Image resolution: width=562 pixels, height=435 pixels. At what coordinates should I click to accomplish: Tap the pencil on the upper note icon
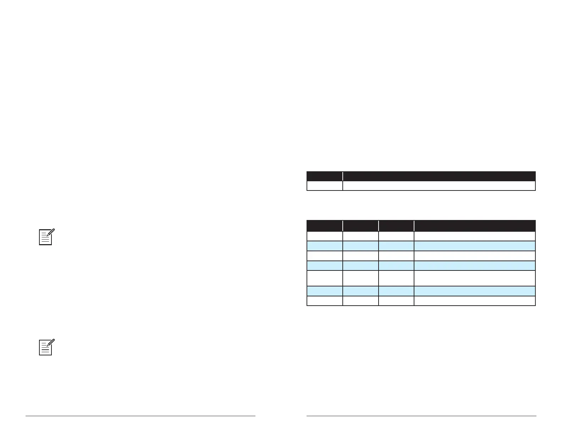[51, 233]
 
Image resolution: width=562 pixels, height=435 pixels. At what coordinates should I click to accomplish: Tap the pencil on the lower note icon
[51, 343]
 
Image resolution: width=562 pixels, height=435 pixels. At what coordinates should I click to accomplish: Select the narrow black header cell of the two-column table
[324, 176]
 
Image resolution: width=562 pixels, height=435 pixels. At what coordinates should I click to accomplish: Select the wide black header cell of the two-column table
[439, 176]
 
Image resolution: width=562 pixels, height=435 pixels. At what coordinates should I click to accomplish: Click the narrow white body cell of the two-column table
[324, 186]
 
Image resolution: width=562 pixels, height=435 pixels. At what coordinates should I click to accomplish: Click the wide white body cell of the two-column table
[439, 186]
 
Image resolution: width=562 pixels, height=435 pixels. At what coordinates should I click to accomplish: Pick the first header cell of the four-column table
[324, 226]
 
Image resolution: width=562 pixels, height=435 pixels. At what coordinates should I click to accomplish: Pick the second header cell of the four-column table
[360, 226]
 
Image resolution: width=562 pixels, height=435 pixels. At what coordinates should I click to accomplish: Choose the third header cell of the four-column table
[396, 226]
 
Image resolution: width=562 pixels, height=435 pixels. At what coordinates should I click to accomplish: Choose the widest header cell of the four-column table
[474, 226]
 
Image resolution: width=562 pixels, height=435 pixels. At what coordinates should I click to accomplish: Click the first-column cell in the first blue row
[324, 246]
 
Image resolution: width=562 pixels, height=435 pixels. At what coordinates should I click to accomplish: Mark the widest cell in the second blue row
[474, 266]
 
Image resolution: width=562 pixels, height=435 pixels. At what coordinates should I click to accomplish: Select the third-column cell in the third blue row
[396, 291]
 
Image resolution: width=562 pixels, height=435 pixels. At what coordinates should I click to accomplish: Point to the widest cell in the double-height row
[474, 278]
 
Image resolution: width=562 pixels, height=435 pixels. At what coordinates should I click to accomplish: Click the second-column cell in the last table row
[360, 301]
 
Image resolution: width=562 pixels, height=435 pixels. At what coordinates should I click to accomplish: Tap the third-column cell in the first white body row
[396, 236]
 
